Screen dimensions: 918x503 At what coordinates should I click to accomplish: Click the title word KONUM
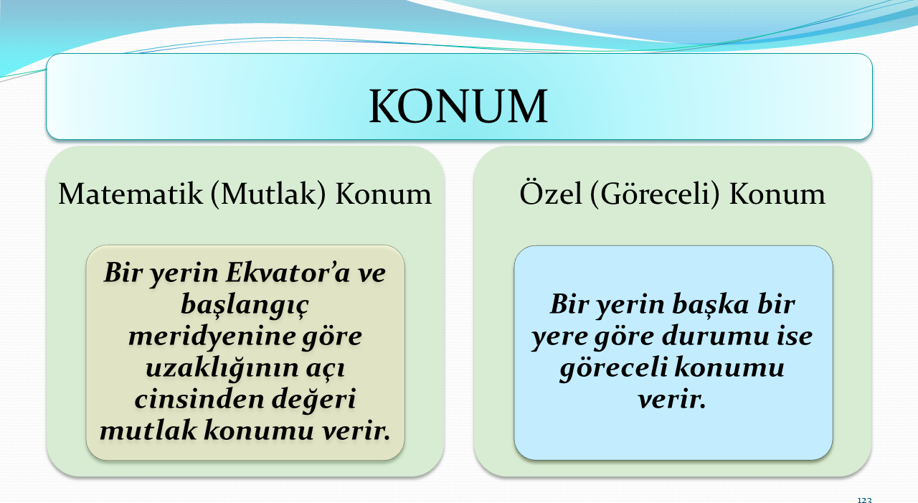[458, 105]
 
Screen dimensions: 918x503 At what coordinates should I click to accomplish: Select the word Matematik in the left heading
[131, 194]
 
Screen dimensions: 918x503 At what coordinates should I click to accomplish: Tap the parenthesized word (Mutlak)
[268, 194]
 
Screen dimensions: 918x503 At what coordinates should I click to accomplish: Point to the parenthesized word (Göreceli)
[655, 193]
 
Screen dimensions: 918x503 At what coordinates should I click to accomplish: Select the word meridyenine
[212, 336]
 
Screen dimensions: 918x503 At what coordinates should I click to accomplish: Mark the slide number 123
[864, 499]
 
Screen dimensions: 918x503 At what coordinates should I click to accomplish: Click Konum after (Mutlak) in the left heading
[383, 194]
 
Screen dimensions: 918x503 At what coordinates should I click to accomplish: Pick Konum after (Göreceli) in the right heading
[777, 194]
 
